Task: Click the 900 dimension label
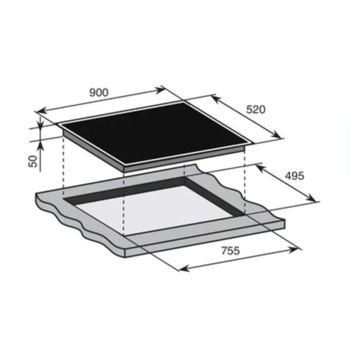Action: click(x=99, y=92)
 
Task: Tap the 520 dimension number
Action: click(x=256, y=110)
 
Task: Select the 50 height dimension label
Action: click(x=33, y=161)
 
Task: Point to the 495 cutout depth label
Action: click(x=295, y=176)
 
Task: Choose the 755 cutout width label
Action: click(x=230, y=250)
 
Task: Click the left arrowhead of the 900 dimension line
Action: click(x=41, y=111)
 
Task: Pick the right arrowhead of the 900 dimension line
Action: click(x=160, y=90)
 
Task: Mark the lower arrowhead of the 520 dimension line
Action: click(x=277, y=135)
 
